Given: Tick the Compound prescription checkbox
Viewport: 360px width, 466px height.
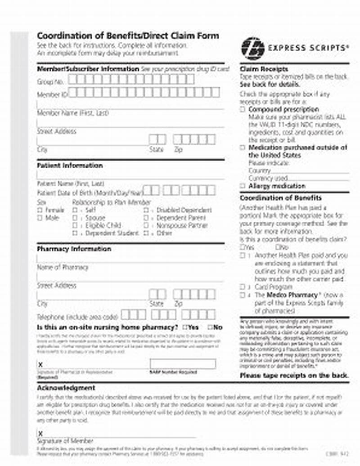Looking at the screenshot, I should (243, 109).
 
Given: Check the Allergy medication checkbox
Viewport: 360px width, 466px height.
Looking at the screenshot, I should (243, 186).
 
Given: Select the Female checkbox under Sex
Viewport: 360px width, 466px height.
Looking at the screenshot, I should (40, 210).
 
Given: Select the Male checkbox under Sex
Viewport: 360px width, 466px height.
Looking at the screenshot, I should (40, 218).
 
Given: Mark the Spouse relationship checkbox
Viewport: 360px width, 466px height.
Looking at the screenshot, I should (75, 218).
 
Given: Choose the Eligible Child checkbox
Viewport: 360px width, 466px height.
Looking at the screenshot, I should (75, 225).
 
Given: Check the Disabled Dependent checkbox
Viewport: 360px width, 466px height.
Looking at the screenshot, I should (146, 210).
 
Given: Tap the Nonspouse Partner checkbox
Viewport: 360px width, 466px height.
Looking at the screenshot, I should (146, 225).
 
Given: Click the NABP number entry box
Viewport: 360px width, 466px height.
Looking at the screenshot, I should (183, 364).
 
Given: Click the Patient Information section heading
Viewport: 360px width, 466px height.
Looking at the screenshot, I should (69, 166).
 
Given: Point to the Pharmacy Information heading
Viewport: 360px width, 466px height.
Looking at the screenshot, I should (74, 249).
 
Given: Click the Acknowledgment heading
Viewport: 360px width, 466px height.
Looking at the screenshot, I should (66, 388).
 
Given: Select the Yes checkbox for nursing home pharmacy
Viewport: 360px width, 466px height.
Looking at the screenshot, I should (185, 327).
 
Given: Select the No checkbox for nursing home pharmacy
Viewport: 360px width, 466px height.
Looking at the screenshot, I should (210, 327).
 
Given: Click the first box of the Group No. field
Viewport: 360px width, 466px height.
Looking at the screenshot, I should (73, 80).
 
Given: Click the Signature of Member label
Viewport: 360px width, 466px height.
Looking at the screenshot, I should (65, 441).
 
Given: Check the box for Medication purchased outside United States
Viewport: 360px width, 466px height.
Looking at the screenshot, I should (243, 148).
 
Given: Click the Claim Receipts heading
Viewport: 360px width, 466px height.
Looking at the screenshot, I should (264, 69).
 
